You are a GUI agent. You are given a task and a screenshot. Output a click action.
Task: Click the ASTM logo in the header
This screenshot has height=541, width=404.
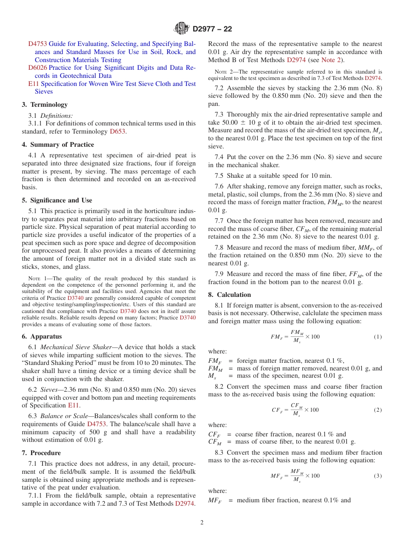[x=182, y=29]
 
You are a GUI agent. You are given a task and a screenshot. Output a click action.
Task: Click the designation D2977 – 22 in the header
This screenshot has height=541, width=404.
[x=212, y=29]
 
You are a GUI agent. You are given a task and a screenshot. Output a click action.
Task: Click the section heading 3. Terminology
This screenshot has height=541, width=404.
[x=45, y=105]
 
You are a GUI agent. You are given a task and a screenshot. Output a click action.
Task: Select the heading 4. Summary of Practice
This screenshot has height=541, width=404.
[x=58, y=145]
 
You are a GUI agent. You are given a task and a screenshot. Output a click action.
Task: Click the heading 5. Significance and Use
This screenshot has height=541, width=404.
[x=57, y=200]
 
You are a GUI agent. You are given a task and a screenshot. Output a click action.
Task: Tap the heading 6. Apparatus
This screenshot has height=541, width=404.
[x=42, y=336]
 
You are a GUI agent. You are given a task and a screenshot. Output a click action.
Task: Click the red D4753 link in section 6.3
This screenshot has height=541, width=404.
[x=97, y=424]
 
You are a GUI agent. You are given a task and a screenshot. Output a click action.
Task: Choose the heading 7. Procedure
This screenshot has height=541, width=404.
[x=41, y=453]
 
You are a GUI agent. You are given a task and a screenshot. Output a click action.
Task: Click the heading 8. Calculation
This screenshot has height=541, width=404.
[x=230, y=295]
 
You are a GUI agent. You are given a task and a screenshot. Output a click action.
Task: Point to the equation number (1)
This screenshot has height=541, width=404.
[x=378, y=337]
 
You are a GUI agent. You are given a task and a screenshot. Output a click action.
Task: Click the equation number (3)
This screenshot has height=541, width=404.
[x=378, y=476]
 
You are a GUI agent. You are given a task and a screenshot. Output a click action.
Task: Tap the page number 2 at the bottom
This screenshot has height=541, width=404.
[x=202, y=523]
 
